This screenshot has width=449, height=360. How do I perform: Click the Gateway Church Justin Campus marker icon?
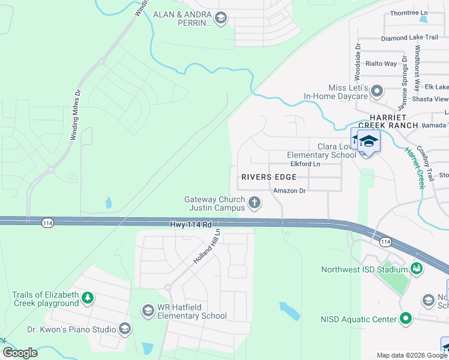pyautogui.click(x=255, y=203)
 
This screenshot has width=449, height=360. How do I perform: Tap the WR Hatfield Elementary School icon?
pyautogui.click(x=148, y=310)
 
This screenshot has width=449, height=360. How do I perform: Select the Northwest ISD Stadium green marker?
pyautogui.click(x=415, y=269)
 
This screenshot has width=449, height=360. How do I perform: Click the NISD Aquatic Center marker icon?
pyautogui.click(x=406, y=319)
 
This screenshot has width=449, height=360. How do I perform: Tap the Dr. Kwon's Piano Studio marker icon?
pyautogui.click(x=124, y=329)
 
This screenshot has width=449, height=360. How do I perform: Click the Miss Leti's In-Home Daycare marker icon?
pyautogui.click(x=376, y=91)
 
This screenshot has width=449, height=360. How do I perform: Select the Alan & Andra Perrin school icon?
pyautogui.click(x=220, y=18)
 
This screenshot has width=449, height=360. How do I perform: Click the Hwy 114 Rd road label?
pyautogui.click(x=190, y=224)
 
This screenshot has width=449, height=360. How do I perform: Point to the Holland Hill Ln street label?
pyautogui.click(x=208, y=247)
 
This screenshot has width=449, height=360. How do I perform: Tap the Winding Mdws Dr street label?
pyautogui.click(x=76, y=115)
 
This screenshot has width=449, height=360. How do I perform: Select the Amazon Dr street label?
pyautogui.click(x=289, y=191)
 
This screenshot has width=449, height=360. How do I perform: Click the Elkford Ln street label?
pyautogui.click(x=306, y=163)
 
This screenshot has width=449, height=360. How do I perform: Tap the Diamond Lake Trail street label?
pyautogui.click(x=409, y=37)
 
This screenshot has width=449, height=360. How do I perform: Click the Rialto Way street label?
pyautogui.click(x=382, y=64)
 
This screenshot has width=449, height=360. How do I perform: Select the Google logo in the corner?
pyautogui.click(x=20, y=353)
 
